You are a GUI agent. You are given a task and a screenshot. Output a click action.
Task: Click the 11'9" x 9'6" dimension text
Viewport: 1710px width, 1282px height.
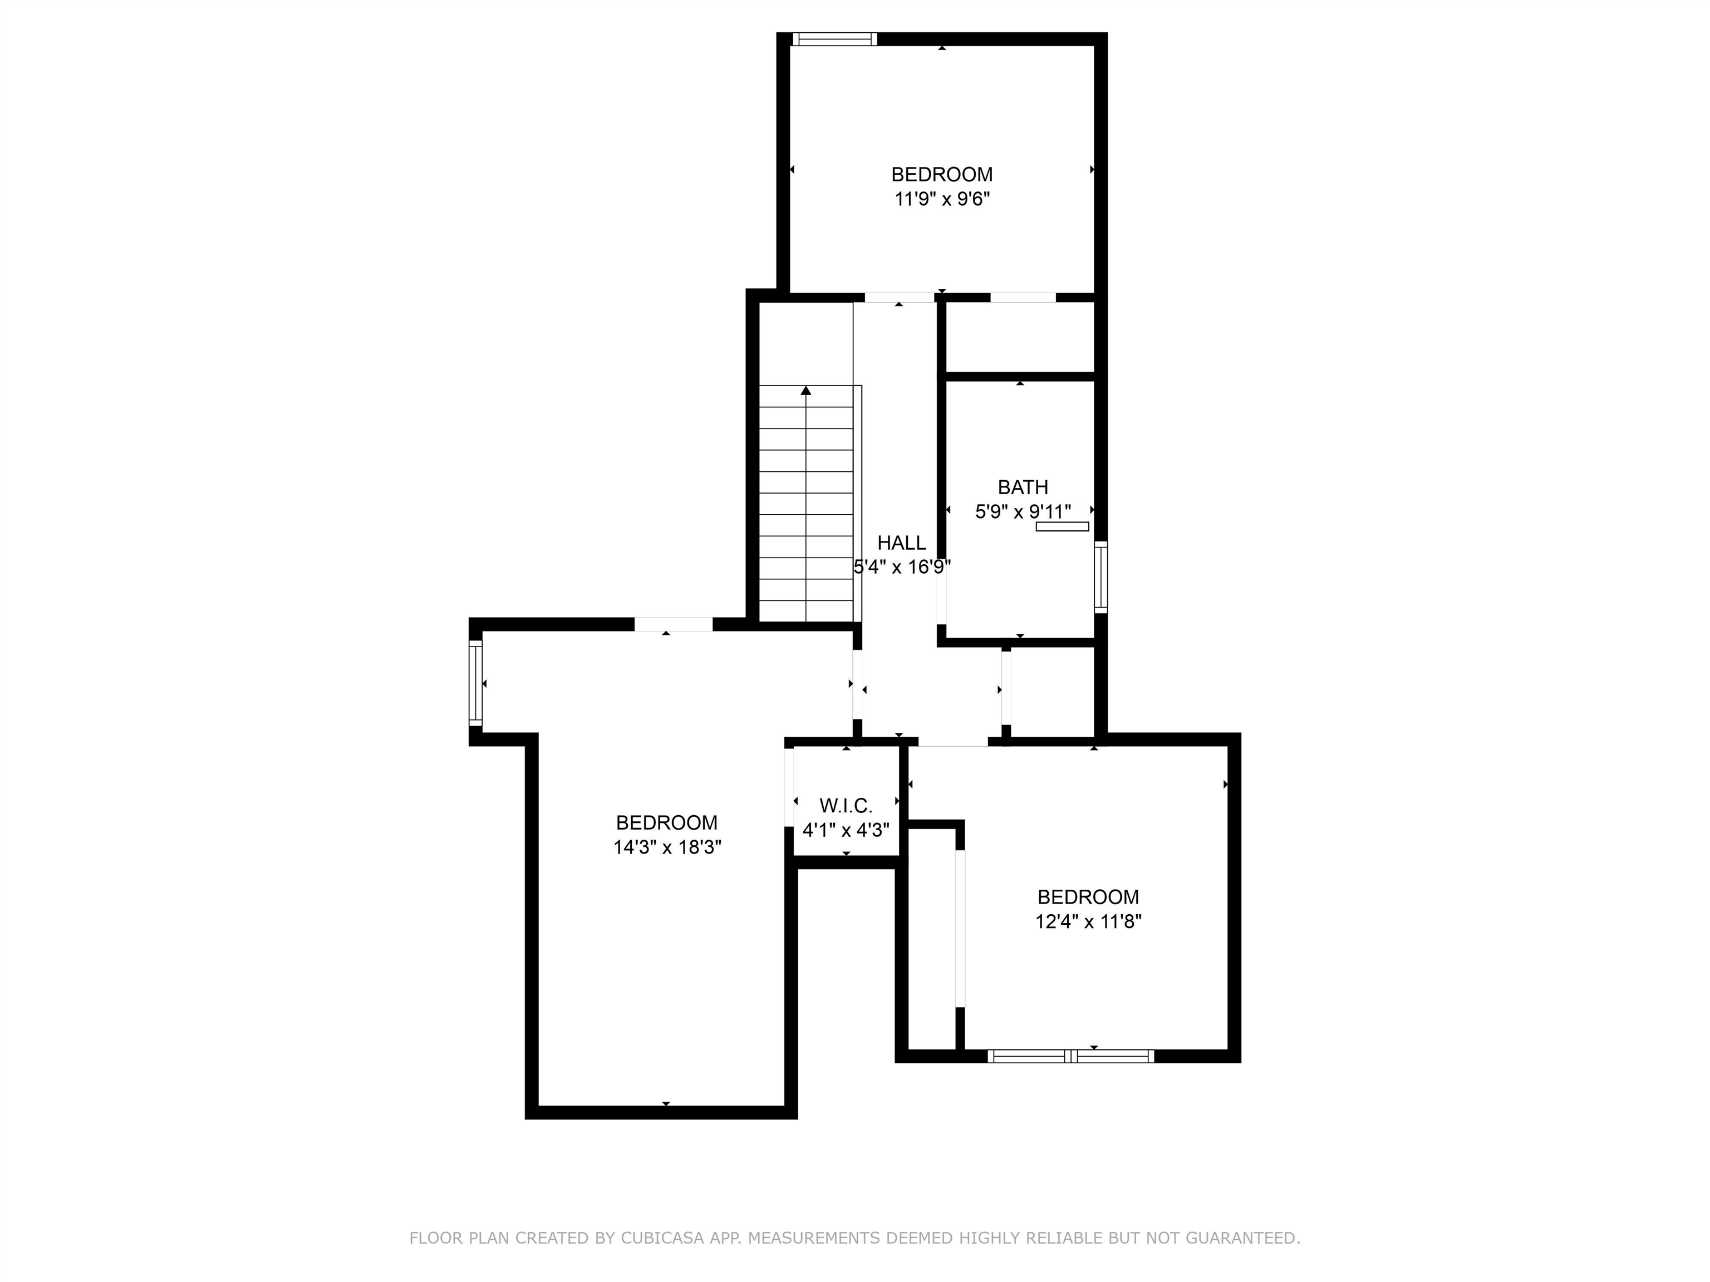pyautogui.click(x=942, y=199)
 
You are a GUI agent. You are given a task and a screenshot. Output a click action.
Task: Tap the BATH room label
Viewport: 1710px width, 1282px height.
pyautogui.click(x=1023, y=487)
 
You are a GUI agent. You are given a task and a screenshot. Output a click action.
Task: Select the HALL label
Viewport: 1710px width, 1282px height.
pyautogui.click(x=901, y=543)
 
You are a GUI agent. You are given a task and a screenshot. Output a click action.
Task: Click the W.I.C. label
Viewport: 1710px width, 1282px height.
pyautogui.click(x=846, y=806)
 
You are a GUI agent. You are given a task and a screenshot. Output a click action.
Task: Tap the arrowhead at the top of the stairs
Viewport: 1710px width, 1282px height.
pyautogui.click(x=807, y=391)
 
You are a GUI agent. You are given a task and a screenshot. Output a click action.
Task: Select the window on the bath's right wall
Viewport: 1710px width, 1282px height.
pyautogui.click(x=1101, y=577)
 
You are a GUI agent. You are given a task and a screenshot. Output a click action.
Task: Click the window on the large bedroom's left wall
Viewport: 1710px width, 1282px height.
pyautogui.click(x=475, y=683)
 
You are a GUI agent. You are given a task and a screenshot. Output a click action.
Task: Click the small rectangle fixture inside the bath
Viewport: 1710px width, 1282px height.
pyautogui.click(x=1062, y=527)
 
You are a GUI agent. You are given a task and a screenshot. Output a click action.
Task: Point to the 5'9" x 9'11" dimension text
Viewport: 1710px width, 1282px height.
pyautogui.click(x=1023, y=511)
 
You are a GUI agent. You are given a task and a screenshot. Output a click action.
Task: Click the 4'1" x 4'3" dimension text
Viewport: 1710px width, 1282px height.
pyautogui.click(x=846, y=831)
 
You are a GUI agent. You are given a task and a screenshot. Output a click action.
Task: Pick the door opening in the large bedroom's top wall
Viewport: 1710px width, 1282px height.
pyautogui.click(x=674, y=624)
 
